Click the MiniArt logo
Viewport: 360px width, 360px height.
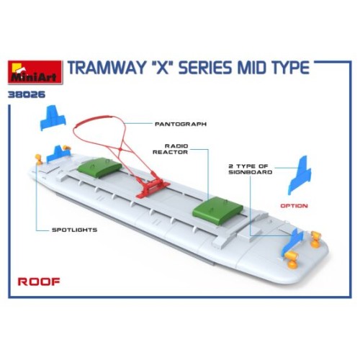click(x=35, y=72)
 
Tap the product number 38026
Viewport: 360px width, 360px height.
click(x=27, y=94)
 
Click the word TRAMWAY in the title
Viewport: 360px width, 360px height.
click(x=106, y=68)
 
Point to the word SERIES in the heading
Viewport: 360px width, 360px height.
click(x=206, y=68)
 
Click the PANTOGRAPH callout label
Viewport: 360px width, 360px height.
click(x=181, y=124)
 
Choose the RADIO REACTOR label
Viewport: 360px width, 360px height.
click(x=171, y=149)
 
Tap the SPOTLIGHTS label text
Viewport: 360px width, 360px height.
click(x=75, y=230)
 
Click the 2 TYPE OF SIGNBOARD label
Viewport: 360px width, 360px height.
click(x=250, y=169)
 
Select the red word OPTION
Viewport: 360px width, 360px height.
click(x=294, y=206)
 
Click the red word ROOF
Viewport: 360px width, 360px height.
click(x=39, y=282)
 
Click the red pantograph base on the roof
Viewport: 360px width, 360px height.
click(x=153, y=189)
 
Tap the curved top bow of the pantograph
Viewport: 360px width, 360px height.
click(x=99, y=120)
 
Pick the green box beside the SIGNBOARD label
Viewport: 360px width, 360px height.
click(x=217, y=210)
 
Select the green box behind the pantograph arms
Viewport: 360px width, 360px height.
click(x=99, y=167)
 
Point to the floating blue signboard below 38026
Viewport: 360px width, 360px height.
click(x=53, y=117)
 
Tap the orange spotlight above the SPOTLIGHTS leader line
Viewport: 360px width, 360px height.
click(x=39, y=159)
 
